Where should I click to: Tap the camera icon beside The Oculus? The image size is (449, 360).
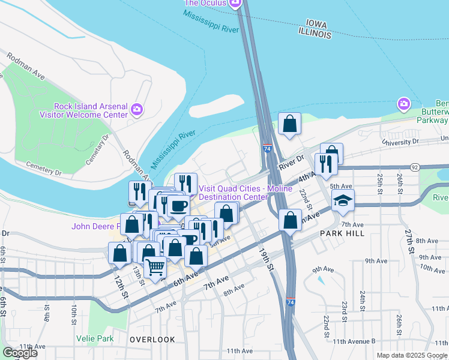[x=235, y=3]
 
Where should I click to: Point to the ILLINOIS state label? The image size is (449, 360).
[x=312, y=35]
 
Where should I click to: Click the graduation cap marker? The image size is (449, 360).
[x=343, y=200]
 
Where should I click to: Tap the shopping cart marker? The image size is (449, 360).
[x=155, y=266]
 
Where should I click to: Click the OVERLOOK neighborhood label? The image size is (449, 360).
[x=152, y=340]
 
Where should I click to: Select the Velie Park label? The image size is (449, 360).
[x=95, y=338]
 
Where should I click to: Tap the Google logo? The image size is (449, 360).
[x=20, y=353]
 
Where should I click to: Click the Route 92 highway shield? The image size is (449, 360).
[x=414, y=167]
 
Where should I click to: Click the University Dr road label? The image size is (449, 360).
[x=400, y=142]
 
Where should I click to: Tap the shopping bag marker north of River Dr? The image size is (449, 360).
[x=289, y=124]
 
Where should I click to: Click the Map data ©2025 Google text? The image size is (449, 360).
[x=411, y=355]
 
